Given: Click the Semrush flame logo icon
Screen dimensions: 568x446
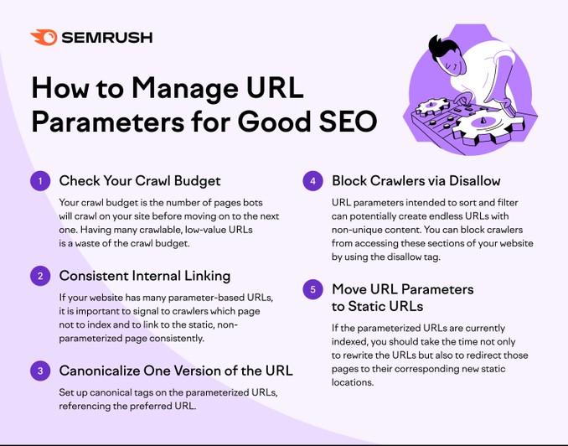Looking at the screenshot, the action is pyautogui.click(x=44, y=38).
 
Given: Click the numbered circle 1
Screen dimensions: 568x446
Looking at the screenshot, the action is pyautogui.click(x=39, y=180).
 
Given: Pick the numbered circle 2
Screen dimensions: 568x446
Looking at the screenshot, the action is pyautogui.click(x=39, y=275).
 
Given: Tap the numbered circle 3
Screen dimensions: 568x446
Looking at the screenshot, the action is pyautogui.click(x=39, y=371).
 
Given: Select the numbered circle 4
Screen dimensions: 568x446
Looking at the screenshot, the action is pyautogui.click(x=312, y=180).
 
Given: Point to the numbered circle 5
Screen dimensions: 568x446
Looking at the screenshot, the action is pyautogui.click(x=312, y=289).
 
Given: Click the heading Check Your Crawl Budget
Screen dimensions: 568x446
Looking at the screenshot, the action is pyautogui.click(x=140, y=180).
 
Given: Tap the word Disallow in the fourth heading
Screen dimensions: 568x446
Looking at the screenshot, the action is pyautogui.click(x=472, y=180).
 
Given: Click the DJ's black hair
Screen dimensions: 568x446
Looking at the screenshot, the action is pyautogui.click(x=441, y=46).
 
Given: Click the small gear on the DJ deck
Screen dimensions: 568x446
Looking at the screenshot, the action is pyautogui.click(x=432, y=106).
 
